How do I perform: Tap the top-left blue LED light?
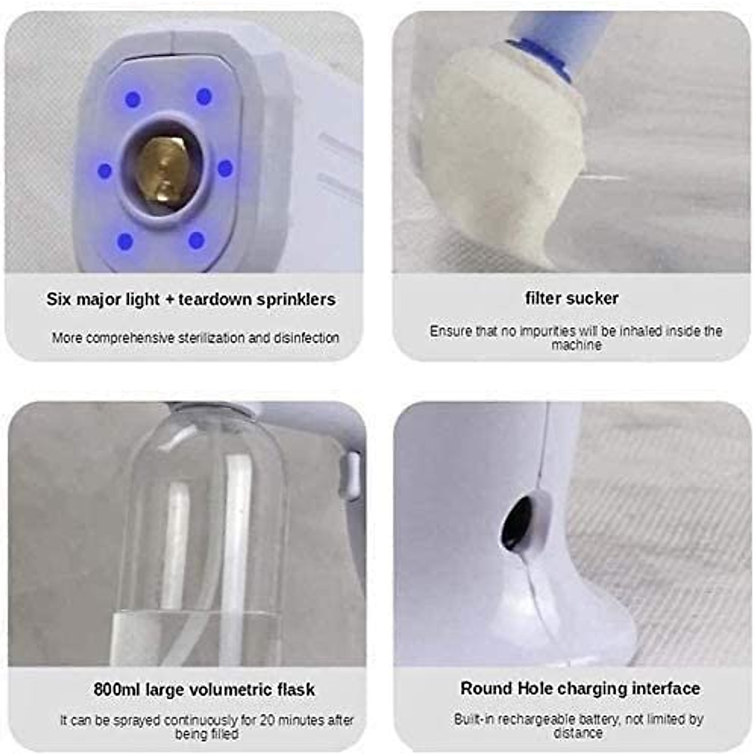(133, 99)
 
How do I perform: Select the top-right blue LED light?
(204, 96)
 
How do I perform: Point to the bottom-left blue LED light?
(125, 241)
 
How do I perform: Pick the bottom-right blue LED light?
(196, 240)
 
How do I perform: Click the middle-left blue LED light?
(105, 171)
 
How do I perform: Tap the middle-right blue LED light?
(225, 168)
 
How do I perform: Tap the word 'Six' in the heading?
(59, 299)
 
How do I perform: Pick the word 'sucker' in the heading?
(594, 298)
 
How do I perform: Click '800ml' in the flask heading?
(117, 690)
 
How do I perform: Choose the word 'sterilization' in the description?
(211, 338)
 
